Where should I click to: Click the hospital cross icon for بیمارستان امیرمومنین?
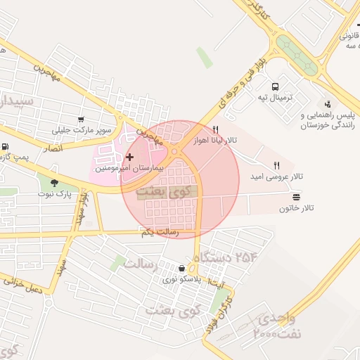[x=129, y=157]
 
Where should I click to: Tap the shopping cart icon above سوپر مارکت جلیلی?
[x=82, y=119]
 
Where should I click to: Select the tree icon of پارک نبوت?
[x=54, y=182]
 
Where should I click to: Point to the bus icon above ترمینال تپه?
[x=285, y=84]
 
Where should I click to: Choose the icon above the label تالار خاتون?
[x=296, y=198]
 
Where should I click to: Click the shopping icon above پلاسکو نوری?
[x=182, y=268]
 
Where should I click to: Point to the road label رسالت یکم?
[x=159, y=232]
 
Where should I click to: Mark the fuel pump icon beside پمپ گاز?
[x=6, y=147]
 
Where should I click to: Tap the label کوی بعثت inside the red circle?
[x=161, y=191]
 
